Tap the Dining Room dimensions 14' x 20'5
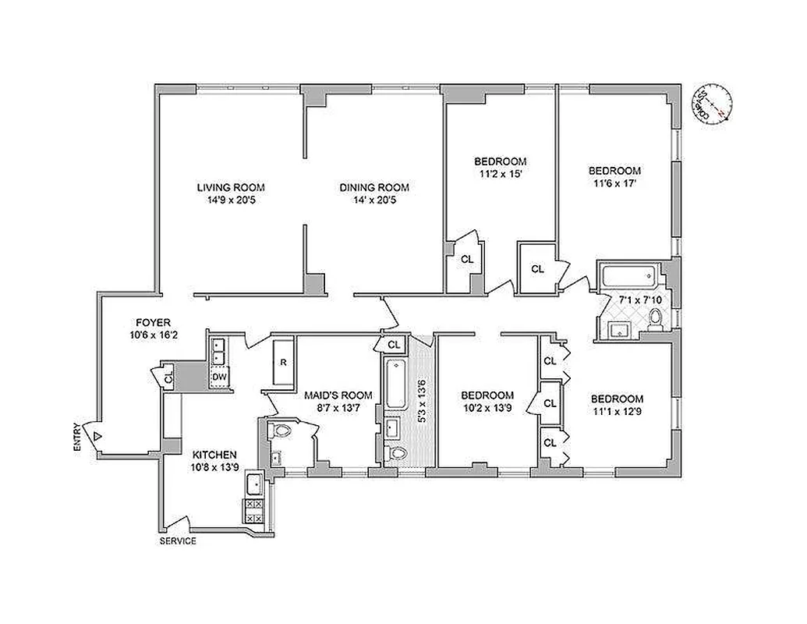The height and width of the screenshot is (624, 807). tap(373, 200)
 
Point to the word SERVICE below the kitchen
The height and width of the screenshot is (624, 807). tap(178, 541)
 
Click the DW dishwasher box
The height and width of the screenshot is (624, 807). tap(219, 378)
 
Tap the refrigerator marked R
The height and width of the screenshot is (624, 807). tap(284, 363)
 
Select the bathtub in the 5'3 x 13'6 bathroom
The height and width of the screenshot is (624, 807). tap(392, 385)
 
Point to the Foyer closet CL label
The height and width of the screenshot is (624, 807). tap(169, 377)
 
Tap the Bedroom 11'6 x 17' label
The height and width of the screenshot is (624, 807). tap(614, 171)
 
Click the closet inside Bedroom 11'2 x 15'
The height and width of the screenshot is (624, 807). tap(466, 260)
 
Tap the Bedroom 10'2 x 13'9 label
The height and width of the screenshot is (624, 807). tap(487, 395)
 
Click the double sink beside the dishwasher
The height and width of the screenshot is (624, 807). tap(218, 349)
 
